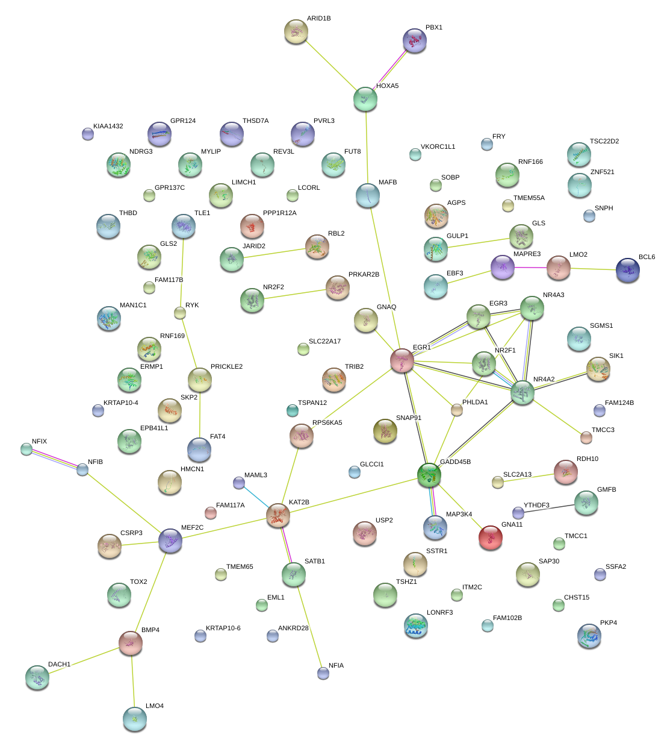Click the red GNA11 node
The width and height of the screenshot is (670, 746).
(x=490, y=538)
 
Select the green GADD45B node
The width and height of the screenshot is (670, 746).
(x=429, y=475)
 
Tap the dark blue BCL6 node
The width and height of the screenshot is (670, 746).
(x=628, y=270)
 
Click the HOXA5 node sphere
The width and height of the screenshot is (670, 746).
(x=365, y=99)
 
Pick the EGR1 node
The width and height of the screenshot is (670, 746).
(x=402, y=360)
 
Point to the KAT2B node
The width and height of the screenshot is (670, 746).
(x=278, y=515)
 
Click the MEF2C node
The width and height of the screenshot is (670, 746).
(x=170, y=541)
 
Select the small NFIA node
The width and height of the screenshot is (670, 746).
(x=323, y=673)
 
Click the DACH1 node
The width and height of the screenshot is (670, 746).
(x=37, y=677)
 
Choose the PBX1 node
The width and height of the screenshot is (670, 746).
(x=414, y=40)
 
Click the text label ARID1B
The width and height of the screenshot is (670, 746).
(x=318, y=19)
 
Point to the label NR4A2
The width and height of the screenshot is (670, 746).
(x=544, y=380)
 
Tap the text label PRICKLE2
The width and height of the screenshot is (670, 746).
(x=226, y=367)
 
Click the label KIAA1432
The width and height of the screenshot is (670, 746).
(x=108, y=127)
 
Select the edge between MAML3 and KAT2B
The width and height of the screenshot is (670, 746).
(x=256, y=497)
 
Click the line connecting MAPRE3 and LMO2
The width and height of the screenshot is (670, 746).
(x=530, y=268)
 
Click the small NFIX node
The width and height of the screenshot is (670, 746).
(x=26, y=449)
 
